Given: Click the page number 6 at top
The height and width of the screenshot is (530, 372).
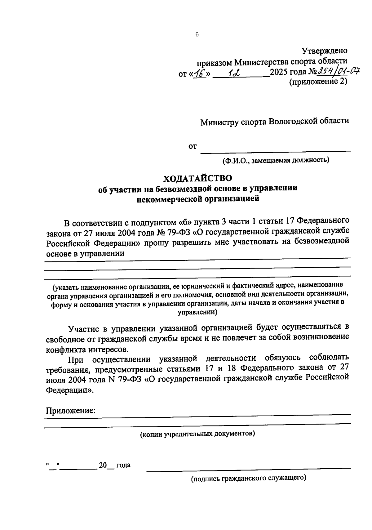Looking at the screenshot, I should [197, 35].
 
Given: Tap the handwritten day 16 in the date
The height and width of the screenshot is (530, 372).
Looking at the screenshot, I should [200, 73].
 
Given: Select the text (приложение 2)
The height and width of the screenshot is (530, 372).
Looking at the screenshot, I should [318, 82].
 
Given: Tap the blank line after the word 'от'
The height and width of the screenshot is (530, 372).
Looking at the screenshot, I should [276, 151].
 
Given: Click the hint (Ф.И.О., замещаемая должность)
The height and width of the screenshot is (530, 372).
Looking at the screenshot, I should [275, 160].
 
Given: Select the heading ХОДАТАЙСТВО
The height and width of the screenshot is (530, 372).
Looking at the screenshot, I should [198, 178].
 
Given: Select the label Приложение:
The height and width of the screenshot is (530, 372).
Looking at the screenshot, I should [71, 411].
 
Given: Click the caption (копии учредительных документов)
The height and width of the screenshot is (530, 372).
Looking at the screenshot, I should [197, 434].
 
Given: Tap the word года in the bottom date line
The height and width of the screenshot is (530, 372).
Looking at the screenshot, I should [123, 465].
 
